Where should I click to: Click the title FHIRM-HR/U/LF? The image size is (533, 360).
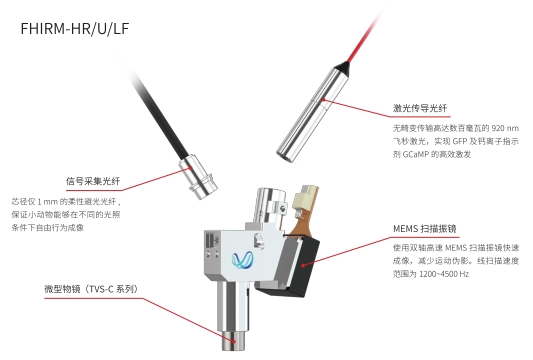pyautogui.click(x=75, y=29)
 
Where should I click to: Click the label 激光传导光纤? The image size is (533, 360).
pyautogui.click(x=420, y=108)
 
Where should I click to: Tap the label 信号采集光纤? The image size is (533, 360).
pyautogui.click(x=93, y=181)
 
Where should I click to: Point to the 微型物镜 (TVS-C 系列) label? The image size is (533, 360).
pyautogui.click(x=92, y=289)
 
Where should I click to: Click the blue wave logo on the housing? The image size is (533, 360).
pyautogui.click(x=242, y=260)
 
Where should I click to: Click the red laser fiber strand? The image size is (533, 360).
pyautogui.click(x=366, y=37)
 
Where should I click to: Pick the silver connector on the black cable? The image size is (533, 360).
pyautogui.click(x=199, y=177)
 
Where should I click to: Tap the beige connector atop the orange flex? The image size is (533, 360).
pyautogui.click(x=305, y=199)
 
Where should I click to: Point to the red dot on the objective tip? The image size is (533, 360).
pyautogui.click(x=234, y=341)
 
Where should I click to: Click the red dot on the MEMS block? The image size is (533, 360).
pyautogui.click(x=303, y=265)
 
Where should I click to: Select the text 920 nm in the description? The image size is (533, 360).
pyautogui.click(x=505, y=128)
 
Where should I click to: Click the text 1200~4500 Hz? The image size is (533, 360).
pyautogui.click(x=444, y=274)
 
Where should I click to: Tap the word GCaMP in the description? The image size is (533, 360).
pyautogui.click(x=416, y=154)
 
